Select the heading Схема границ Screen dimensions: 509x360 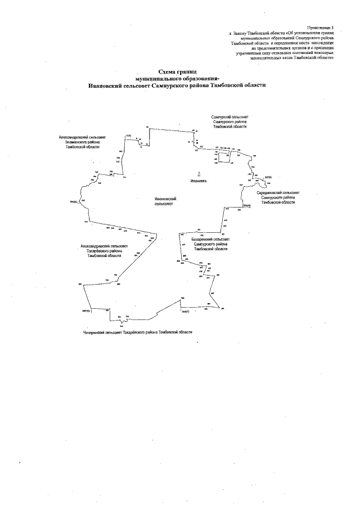tap(178, 73)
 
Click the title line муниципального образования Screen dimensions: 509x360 tap(178, 79)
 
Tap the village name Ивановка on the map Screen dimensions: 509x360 tap(199, 182)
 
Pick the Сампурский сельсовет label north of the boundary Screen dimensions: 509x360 tap(229, 121)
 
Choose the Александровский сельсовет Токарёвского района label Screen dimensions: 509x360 tap(104, 251)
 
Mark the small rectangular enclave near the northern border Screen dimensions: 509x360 tap(224, 157)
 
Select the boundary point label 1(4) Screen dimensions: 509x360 tap(128, 136)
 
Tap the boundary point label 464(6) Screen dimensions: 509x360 tap(246, 206)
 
